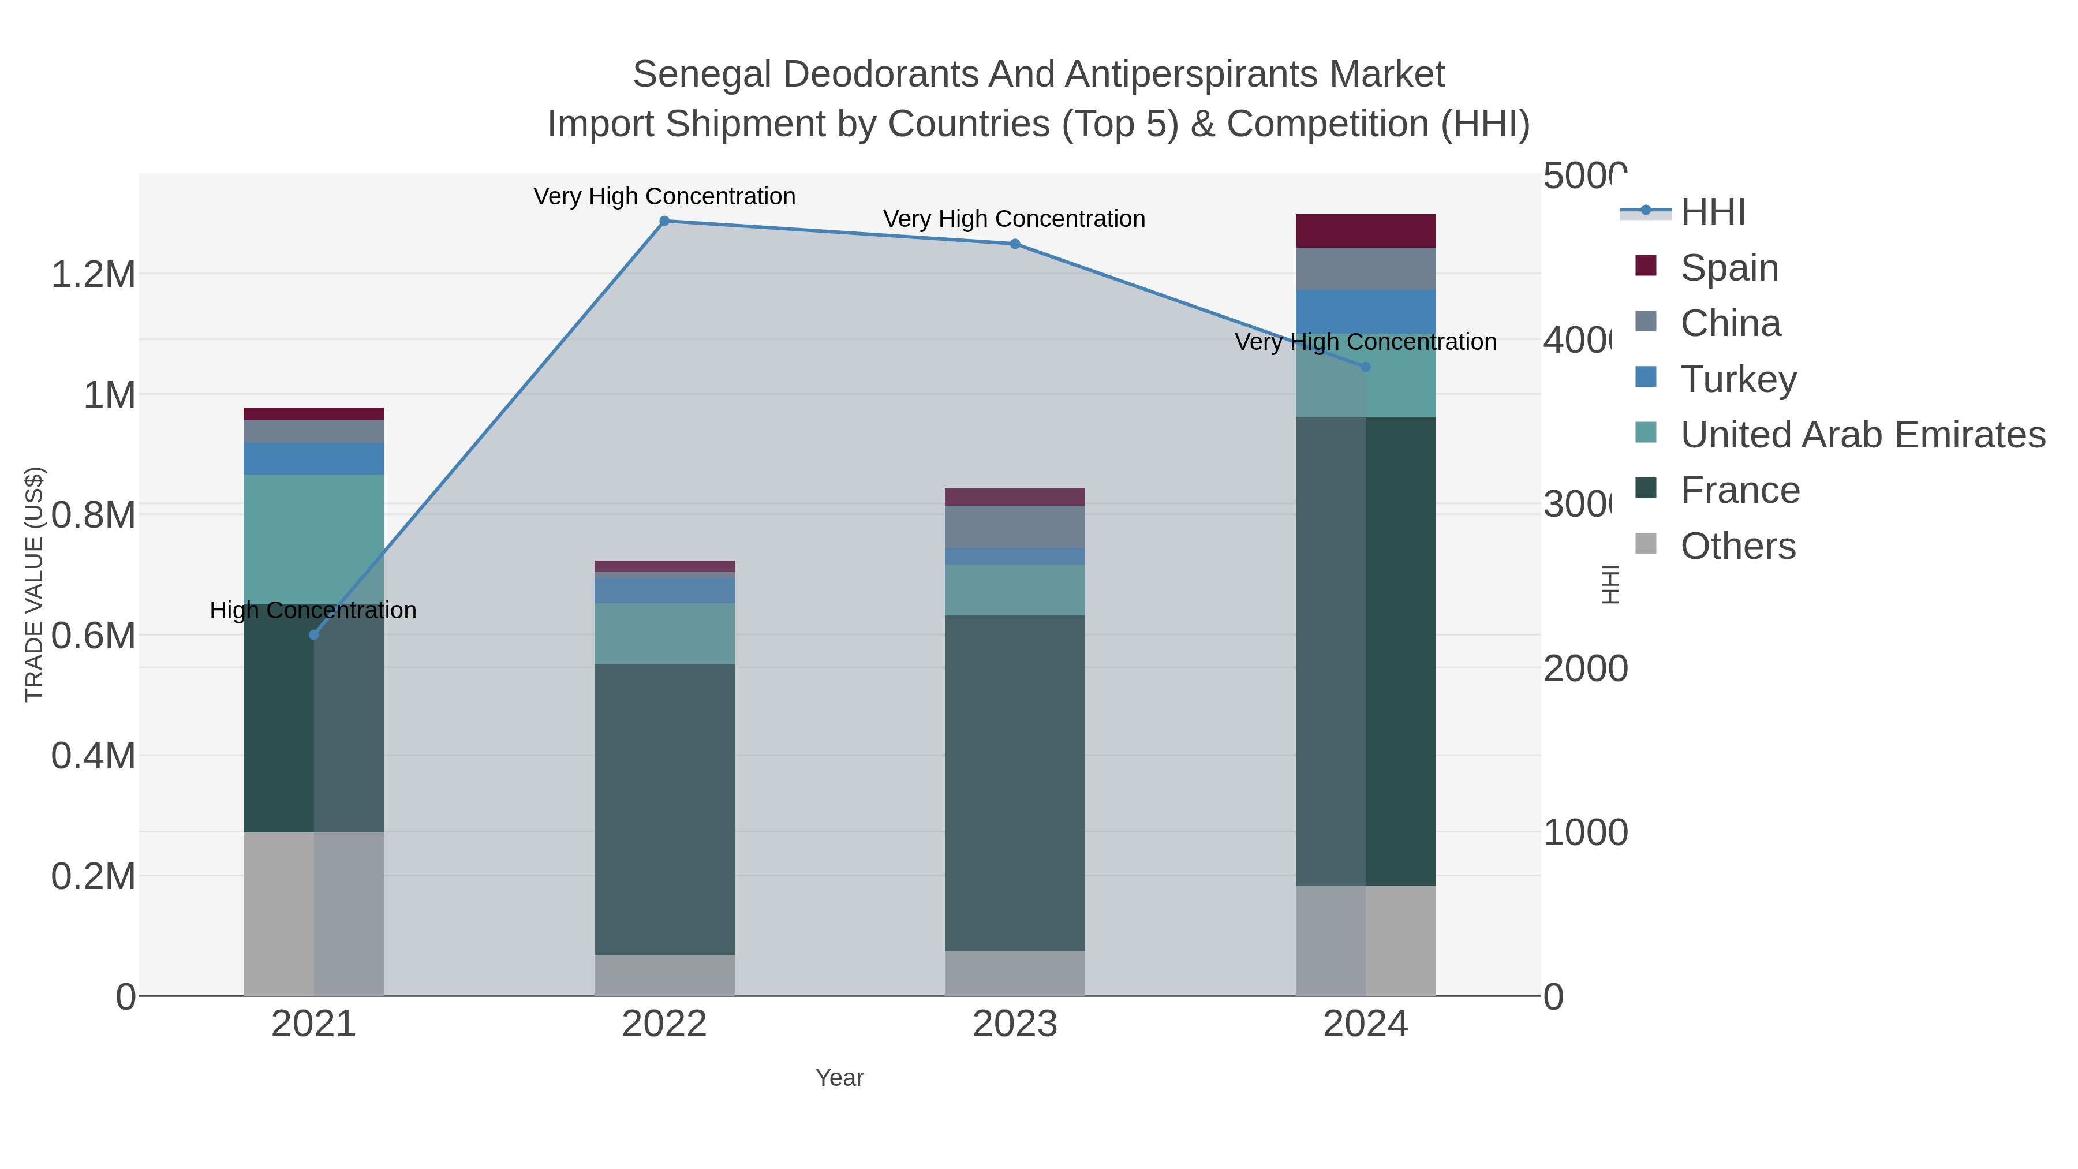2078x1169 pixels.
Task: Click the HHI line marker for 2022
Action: point(664,221)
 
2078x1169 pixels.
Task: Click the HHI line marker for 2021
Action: point(314,635)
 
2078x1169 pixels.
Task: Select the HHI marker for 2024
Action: point(1365,367)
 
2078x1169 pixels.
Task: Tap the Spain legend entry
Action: point(1729,268)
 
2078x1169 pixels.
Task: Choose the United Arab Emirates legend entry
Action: point(1862,435)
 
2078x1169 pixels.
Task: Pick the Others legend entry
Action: point(1737,546)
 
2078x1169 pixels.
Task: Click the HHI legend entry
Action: point(1712,212)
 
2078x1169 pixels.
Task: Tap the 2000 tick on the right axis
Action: point(1584,669)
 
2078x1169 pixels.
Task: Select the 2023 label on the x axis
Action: point(1014,1025)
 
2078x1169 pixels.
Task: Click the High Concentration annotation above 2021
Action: point(313,611)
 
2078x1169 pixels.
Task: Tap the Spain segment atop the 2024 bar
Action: point(1365,231)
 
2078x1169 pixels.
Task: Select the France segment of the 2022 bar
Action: point(664,809)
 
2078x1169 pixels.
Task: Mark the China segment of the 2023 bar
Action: point(1014,527)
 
